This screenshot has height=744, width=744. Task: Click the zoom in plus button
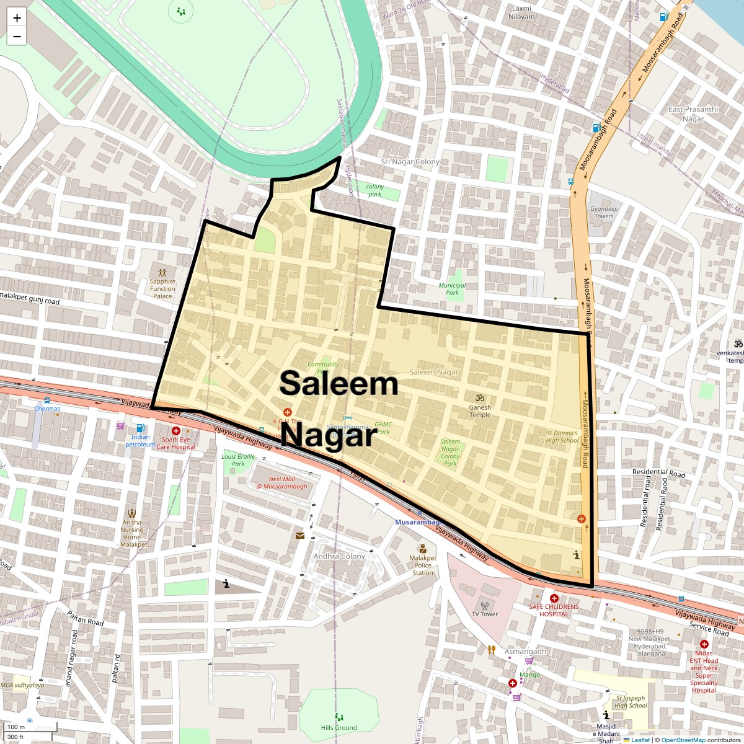coord(17,18)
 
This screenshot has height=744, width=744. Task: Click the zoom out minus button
coord(17,37)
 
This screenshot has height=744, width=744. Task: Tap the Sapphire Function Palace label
coord(162,288)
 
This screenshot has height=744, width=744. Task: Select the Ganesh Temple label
coord(480,411)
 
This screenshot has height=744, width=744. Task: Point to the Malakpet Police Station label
coord(423,565)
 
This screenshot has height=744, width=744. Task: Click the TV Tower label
coord(485,614)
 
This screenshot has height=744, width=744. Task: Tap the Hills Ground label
coord(339,727)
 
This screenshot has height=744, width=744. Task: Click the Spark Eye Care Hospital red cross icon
coord(176,431)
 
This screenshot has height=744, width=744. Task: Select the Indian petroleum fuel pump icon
coord(141,427)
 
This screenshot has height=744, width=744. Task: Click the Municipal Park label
coord(453,289)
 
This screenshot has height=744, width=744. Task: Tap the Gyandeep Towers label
coord(604,212)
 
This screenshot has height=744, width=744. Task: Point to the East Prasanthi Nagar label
coord(693,114)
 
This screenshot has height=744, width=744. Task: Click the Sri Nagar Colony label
coord(410,162)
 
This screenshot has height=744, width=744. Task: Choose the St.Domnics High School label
coord(562,436)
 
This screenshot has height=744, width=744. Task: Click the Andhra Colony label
coord(339,556)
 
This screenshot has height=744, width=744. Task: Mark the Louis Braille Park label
coord(238,460)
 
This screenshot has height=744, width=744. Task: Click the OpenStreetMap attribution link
coord(683,740)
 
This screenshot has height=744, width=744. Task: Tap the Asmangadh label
coord(525,651)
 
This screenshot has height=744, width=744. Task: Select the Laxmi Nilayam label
coord(521,12)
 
